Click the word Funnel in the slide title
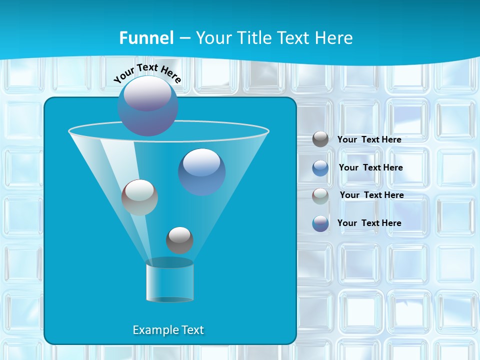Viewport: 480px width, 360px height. point(146,38)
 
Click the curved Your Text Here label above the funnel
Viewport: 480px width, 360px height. point(147,73)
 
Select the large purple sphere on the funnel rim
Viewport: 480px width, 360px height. point(147,106)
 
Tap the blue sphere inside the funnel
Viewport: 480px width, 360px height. point(201,171)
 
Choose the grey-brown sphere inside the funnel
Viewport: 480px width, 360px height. point(139,197)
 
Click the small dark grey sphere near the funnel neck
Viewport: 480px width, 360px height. point(179,240)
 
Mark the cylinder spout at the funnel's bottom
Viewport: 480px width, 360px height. point(169,281)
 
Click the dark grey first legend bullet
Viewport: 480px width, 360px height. point(320,139)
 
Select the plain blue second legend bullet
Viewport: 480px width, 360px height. point(320,168)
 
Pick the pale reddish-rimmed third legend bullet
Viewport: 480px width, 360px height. point(320,196)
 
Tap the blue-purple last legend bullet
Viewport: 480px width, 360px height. point(320,223)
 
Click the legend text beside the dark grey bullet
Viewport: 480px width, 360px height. point(369,139)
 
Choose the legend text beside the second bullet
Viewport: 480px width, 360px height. point(370,167)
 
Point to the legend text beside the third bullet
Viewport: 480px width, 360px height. point(371,195)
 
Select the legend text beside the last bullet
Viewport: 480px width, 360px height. point(369,223)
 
